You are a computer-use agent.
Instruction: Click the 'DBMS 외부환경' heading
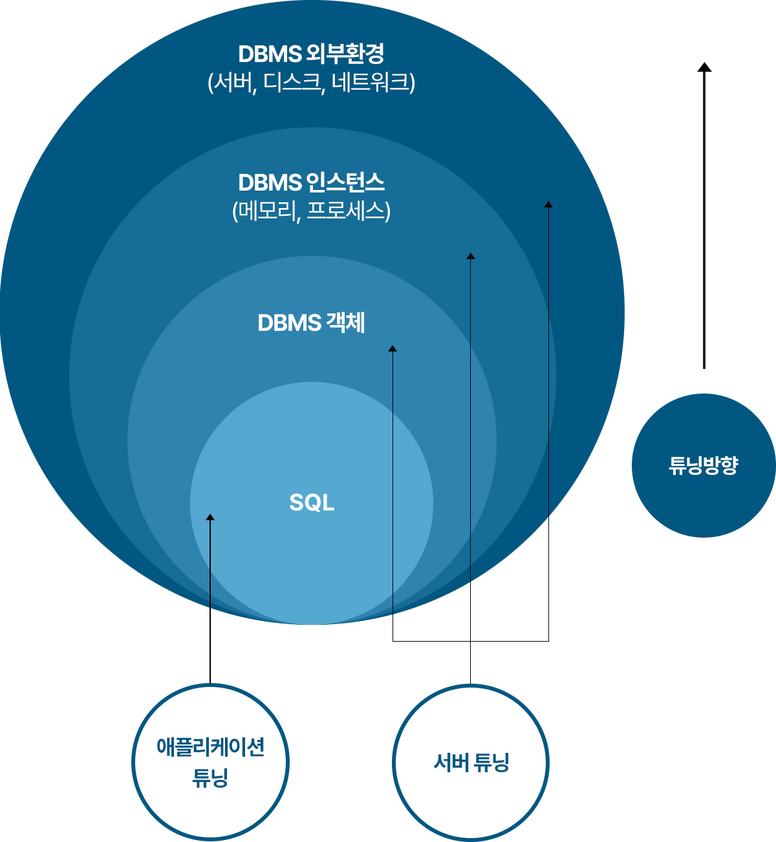point(311,54)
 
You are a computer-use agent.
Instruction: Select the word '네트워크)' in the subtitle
point(374,82)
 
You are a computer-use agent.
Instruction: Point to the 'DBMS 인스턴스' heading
point(311,183)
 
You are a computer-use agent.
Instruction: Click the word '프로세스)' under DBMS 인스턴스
point(349,211)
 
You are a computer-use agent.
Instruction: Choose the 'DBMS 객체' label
point(311,323)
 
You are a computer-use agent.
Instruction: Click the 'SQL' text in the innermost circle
point(312,502)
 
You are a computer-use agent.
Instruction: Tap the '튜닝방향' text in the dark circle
point(704,465)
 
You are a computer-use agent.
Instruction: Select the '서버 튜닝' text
point(471,763)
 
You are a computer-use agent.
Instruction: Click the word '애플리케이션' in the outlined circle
point(211,747)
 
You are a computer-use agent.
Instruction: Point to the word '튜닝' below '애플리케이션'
point(210,777)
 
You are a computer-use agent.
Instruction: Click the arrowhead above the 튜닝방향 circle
point(704,67)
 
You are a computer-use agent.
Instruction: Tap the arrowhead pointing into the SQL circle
point(210,517)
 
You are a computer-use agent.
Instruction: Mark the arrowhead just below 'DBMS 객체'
point(393,348)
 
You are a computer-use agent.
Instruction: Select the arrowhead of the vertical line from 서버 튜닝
point(471,256)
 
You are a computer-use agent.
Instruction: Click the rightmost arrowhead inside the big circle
point(548,204)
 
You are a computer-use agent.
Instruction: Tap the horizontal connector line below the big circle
point(471,642)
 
